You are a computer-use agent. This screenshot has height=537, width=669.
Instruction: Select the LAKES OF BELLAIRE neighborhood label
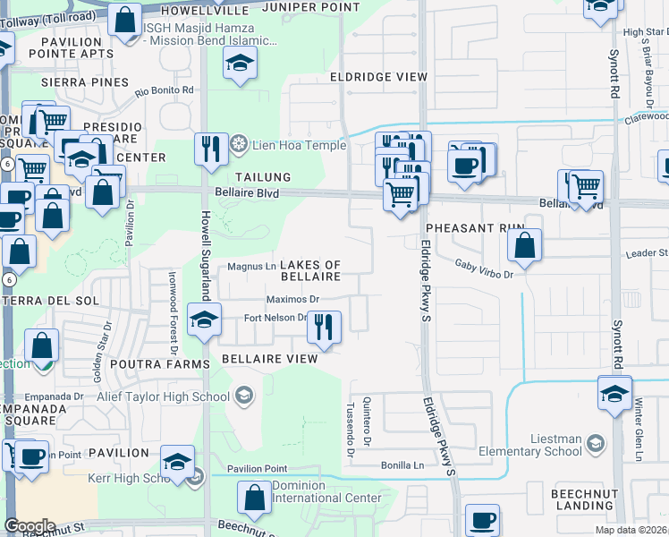tap(310, 271)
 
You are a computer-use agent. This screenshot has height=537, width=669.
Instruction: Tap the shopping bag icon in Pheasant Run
tap(524, 244)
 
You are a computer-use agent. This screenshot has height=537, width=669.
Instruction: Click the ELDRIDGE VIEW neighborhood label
tap(378, 77)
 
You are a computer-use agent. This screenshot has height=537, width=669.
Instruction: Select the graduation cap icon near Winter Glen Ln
tap(614, 394)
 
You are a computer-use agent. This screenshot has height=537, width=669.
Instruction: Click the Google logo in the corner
tap(30, 526)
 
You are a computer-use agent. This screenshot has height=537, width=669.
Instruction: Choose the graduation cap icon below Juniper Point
tap(240, 64)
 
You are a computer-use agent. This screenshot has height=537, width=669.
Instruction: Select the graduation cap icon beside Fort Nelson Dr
tap(204, 319)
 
